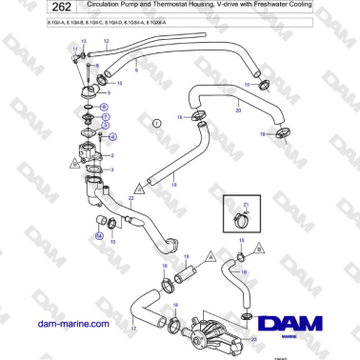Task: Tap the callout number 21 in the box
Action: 245,205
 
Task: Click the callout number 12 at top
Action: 105,41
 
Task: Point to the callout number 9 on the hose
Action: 137,70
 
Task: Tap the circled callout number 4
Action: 111,136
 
